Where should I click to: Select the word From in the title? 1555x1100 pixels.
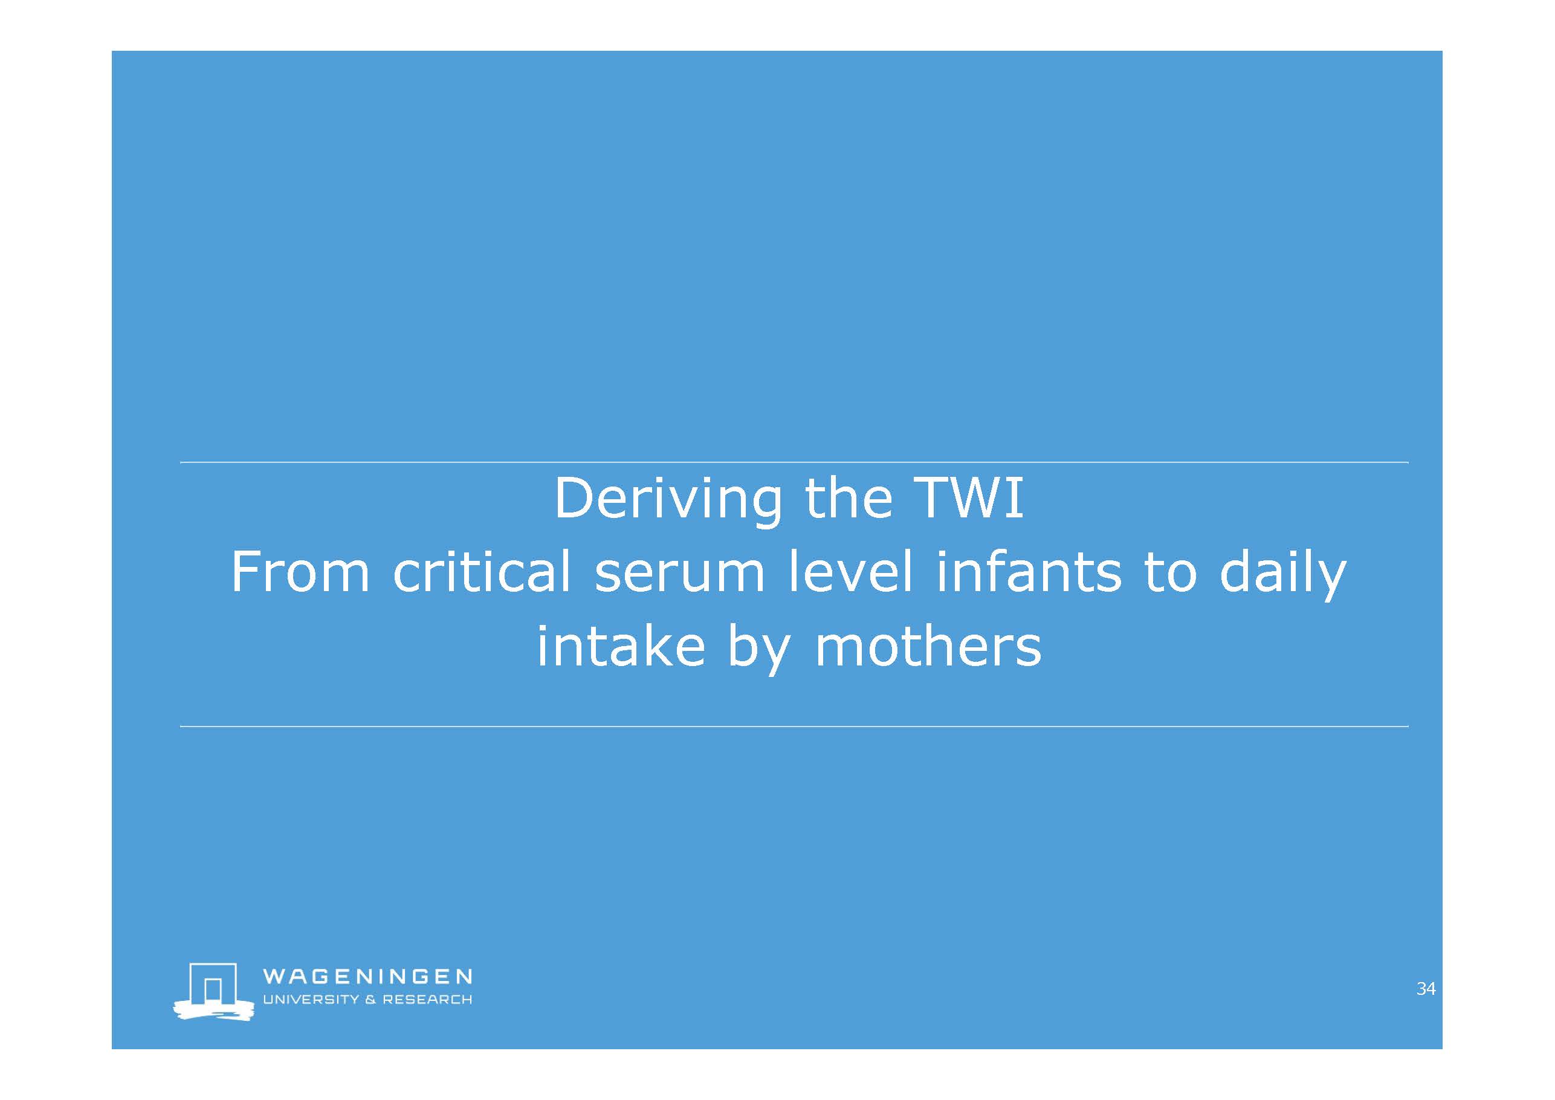click(x=300, y=572)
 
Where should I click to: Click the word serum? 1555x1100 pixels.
click(x=679, y=577)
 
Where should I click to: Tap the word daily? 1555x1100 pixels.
click(x=1282, y=574)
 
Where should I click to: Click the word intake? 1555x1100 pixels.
click(x=621, y=644)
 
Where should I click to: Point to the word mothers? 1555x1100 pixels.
click(x=928, y=644)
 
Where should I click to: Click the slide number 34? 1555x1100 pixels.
click(x=1426, y=988)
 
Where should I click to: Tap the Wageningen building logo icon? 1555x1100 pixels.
click(x=214, y=991)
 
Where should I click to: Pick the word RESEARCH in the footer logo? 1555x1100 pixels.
click(x=427, y=999)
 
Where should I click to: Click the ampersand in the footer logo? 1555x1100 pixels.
click(x=370, y=999)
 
